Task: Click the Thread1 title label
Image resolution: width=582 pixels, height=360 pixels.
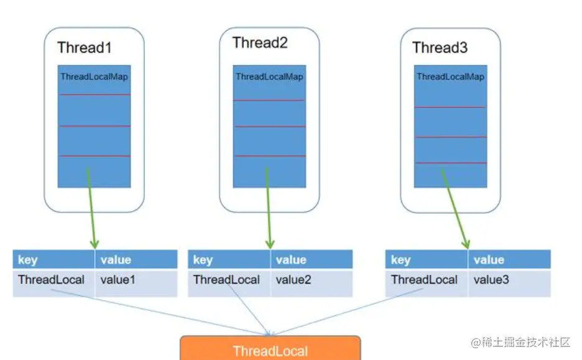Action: (85, 48)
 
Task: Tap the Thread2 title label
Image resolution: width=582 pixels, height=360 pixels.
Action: (260, 43)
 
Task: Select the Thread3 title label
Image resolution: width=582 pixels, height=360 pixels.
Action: (440, 48)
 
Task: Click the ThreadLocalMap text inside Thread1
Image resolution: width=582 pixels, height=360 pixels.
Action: (95, 77)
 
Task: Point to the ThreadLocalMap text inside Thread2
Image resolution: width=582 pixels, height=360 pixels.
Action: (269, 77)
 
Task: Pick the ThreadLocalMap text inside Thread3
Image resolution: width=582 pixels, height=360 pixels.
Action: (450, 77)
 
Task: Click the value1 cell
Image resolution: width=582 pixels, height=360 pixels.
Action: (136, 283)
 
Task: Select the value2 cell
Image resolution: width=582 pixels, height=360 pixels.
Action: (312, 283)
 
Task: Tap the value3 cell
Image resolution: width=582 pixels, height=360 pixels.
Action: (510, 283)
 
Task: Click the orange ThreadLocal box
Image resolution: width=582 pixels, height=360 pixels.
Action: (270, 348)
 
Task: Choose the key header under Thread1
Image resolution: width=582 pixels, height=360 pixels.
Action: (53, 259)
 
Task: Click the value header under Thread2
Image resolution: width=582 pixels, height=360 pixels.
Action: (312, 259)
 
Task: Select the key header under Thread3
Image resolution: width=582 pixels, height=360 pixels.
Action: (427, 259)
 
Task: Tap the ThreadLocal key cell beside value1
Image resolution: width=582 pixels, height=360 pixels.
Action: (53, 283)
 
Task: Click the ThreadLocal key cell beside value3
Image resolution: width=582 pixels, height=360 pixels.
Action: (427, 283)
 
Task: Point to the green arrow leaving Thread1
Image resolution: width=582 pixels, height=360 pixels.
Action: (91, 208)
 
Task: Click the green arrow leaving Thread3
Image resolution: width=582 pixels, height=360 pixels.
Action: (455, 208)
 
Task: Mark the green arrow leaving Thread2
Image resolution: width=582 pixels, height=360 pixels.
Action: (269, 208)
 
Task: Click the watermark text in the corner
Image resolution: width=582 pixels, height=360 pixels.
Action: (520, 342)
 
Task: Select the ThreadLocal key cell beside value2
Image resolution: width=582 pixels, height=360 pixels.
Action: (229, 283)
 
